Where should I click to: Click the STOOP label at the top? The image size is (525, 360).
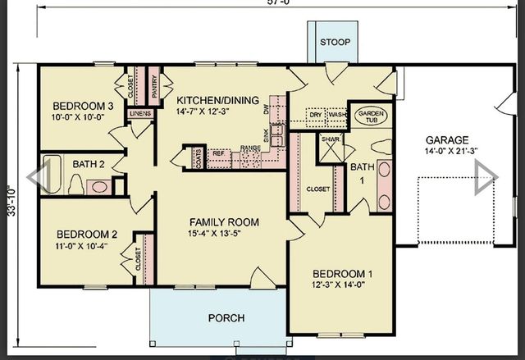point(334,42)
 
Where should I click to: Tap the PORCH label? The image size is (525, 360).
point(226,318)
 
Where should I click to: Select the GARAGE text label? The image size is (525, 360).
point(447,139)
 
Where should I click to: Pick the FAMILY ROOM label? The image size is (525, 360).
point(224,221)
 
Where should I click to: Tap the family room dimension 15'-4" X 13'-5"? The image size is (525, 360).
point(224,234)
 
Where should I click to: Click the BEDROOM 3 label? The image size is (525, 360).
point(83,106)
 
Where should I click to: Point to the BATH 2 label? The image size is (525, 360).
point(89,164)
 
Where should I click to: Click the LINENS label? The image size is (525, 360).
point(139,112)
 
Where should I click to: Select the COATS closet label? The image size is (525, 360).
point(198,155)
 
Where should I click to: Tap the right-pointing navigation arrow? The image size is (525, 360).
point(486,173)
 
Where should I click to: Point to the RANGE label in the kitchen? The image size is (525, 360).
point(250,148)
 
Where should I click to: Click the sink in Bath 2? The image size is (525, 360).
point(99,187)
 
